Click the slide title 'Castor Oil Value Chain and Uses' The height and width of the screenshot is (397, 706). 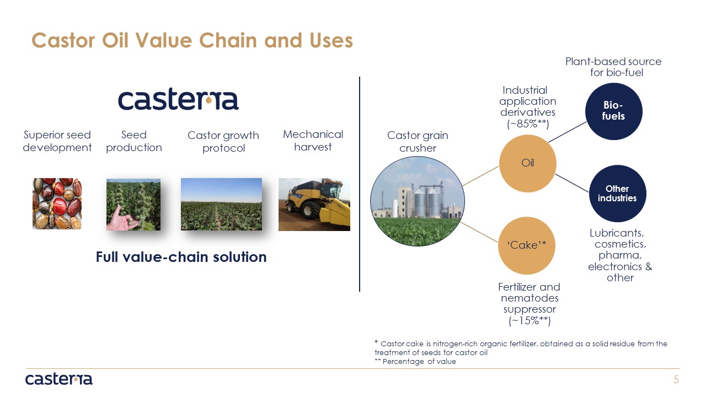192,41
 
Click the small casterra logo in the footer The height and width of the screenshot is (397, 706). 59,379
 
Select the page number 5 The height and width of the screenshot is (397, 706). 676,379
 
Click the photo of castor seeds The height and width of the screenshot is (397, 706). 57,203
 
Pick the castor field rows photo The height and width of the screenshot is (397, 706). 221,204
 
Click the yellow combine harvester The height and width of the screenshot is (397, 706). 318,203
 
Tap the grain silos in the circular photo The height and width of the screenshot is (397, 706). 427,202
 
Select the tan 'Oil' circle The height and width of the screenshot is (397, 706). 528,163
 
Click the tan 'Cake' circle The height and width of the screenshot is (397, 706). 527,245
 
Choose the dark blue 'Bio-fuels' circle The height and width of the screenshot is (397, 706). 614,111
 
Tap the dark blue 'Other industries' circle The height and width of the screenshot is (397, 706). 617,194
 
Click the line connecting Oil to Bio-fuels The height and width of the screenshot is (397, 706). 568,132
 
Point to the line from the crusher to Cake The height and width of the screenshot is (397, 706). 479,232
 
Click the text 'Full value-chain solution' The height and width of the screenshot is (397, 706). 181,257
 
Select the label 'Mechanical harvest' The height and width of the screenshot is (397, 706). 313,141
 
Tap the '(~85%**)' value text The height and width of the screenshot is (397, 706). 528,124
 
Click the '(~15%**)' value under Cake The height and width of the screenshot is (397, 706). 529,320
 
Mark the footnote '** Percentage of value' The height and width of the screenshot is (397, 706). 415,361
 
